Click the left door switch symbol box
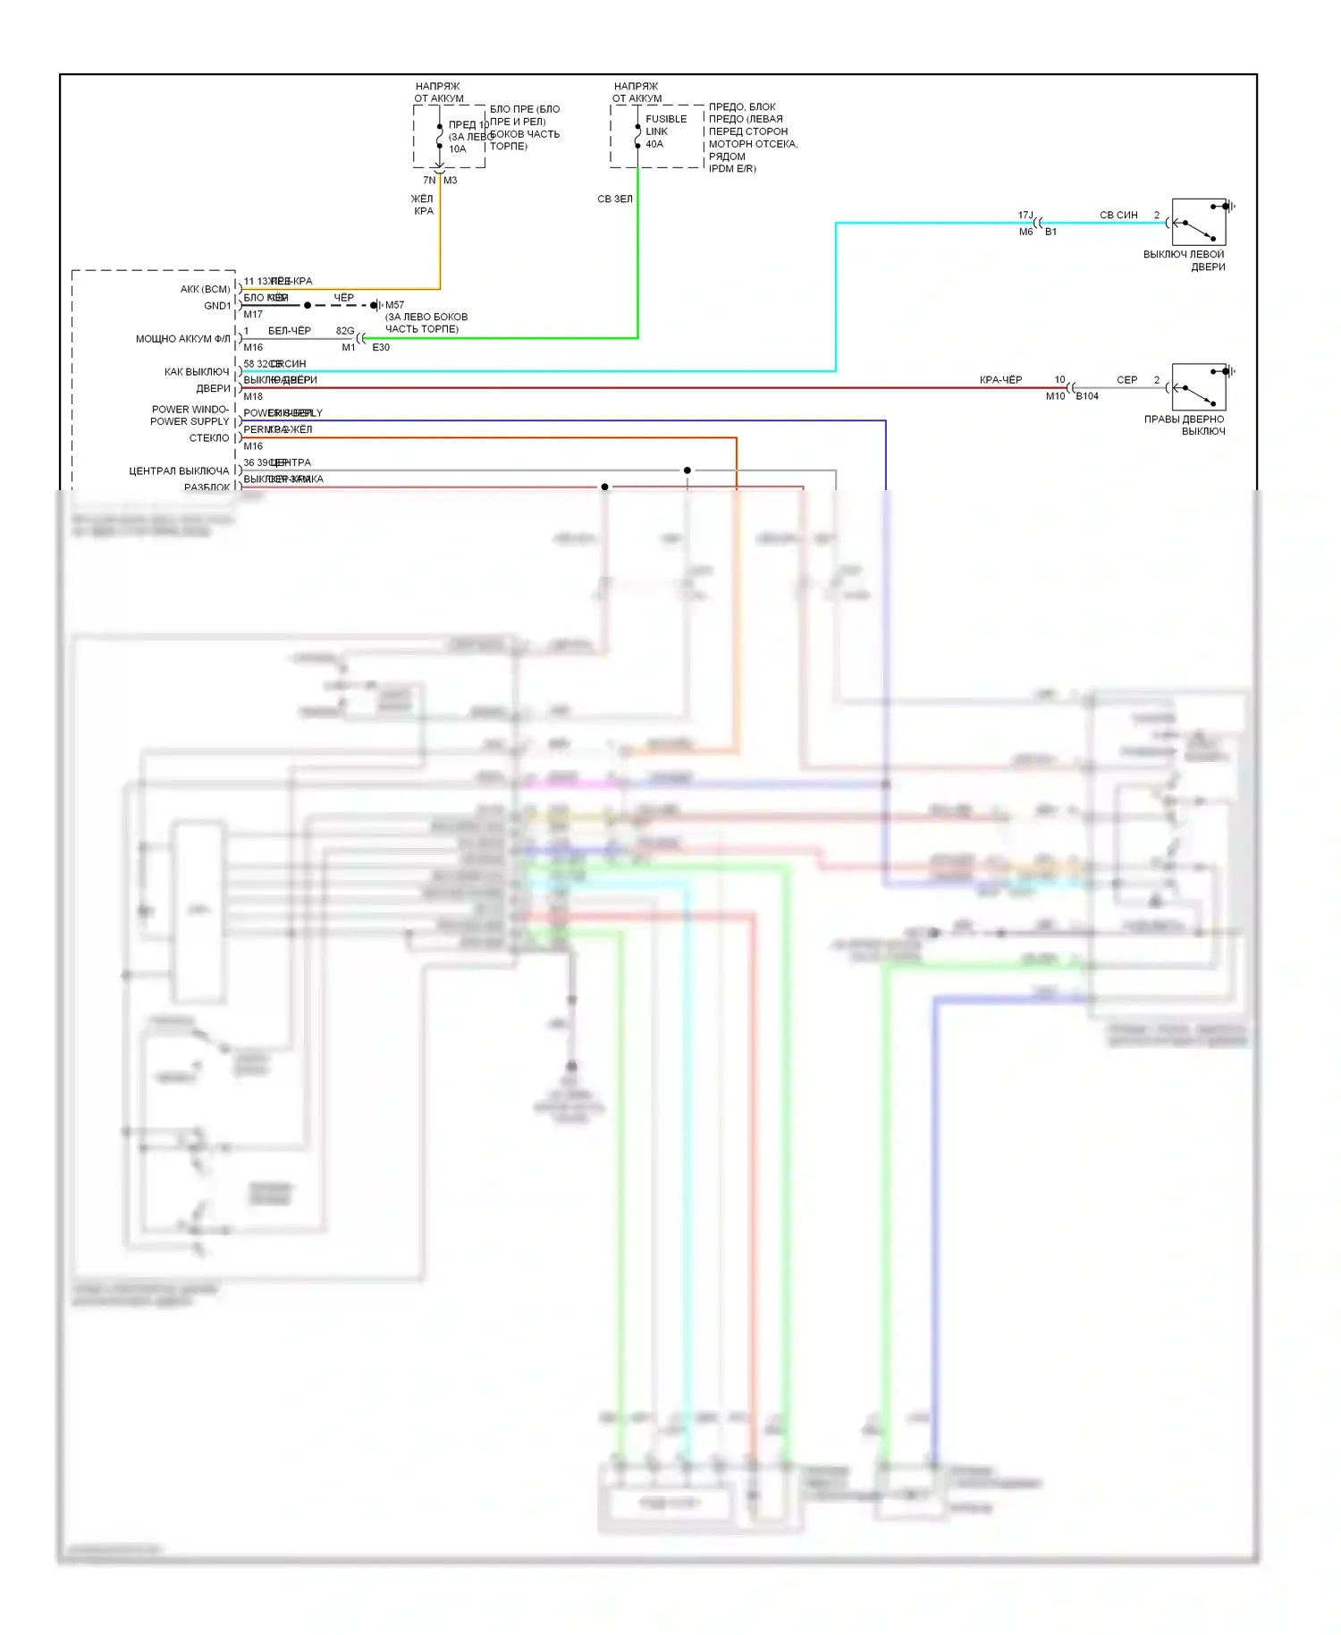[x=1198, y=222]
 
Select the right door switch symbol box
[x=1198, y=386]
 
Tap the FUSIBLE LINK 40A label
[x=666, y=131]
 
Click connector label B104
[x=1087, y=396]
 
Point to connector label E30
[x=381, y=348]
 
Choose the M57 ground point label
[x=394, y=305]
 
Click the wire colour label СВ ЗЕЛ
[x=615, y=199]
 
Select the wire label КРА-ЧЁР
[x=1000, y=380]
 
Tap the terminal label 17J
[x=1025, y=216]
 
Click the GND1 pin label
[x=217, y=306]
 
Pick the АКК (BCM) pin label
[x=205, y=289]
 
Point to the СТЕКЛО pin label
[x=209, y=438]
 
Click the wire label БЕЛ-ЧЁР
[x=290, y=331]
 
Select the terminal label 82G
[x=345, y=331]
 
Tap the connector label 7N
[x=429, y=181]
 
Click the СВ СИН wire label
[x=1118, y=216]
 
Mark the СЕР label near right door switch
[x=1126, y=380]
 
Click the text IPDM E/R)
[x=732, y=169]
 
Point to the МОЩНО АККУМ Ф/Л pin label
[x=182, y=339]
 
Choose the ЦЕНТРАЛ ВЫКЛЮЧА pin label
[x=179, y=471]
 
